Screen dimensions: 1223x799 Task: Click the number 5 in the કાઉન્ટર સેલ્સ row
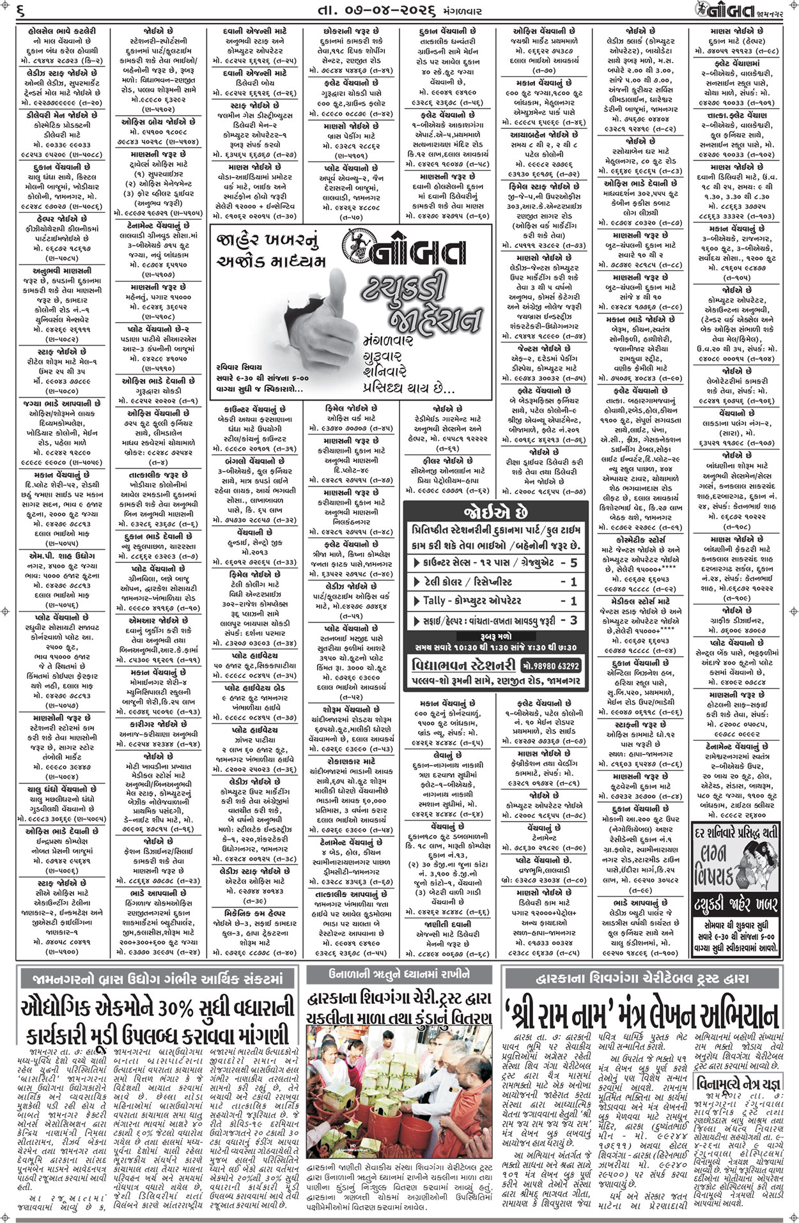coord(573,563)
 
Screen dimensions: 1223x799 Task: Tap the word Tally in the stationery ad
coord(439,601)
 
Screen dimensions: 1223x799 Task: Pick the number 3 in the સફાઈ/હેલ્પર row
coord(573,620)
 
